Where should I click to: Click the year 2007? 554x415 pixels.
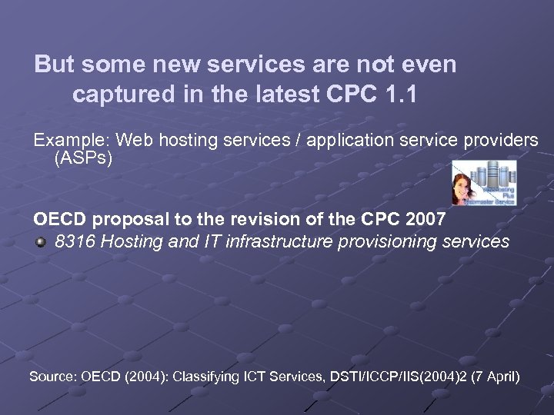pos(425,220)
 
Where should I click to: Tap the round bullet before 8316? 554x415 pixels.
pos(41,243)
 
